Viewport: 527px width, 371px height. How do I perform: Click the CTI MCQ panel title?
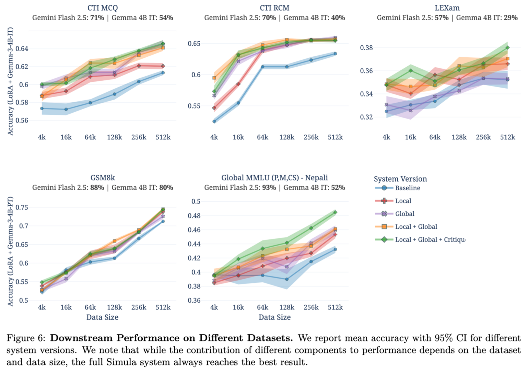pos(102,8)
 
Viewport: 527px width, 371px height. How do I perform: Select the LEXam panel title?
pos(447,8)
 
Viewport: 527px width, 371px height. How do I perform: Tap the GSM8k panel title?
pos(102,178)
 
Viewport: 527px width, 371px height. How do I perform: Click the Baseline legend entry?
pos(407,188)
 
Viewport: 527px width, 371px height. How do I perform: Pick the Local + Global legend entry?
pos(416,227)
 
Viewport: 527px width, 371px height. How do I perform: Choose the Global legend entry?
pos(405,214)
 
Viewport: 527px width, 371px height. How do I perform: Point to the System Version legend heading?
pos(400,179)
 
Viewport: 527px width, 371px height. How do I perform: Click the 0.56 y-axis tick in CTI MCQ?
pos(22,120)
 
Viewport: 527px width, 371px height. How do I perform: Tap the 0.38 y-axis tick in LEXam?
pos(366,48)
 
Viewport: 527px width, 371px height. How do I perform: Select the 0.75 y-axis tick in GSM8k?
pos(22,207)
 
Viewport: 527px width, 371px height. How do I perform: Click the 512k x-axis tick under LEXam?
pos(507,137)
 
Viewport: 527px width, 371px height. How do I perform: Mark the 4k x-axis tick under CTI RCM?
pos(214,137)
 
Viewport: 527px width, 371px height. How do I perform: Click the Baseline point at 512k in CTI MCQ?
pos(163,72)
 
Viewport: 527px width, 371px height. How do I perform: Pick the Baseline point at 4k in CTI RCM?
pos(214,121)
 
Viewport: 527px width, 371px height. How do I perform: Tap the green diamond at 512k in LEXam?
pos(507,48)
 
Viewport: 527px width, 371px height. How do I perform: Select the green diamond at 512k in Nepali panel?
pos(335,212)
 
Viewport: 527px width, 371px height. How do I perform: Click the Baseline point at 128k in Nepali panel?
pos(287,279)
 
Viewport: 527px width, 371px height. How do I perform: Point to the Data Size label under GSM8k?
pos(102,317)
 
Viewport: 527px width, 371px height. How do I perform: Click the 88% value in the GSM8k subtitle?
pos(97,188)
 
